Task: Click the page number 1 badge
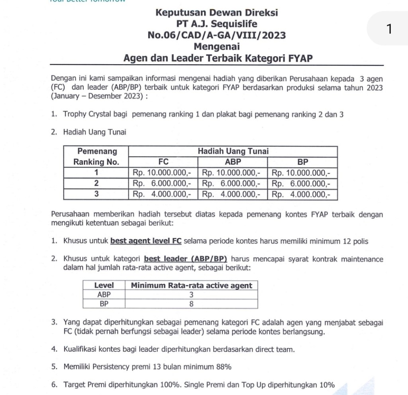(x=389, y=29)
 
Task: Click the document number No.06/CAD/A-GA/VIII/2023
(x=216, y=35)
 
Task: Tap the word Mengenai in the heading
(x=216, y=47)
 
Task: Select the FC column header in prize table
(x=163, y=162)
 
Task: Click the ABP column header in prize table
(x=233, y=162)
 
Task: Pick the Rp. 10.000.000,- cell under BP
(x=303, y=173)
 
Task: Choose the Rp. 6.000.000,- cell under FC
(x=163, y=184)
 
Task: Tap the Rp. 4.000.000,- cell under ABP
(x=233, y=195)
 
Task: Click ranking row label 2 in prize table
(x=96, y=184)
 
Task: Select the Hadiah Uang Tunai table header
(x=233, y=151)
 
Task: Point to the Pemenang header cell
(x=97, y=151)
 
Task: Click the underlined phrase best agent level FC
(x=146, y=241)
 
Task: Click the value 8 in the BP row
(x=191, y=304)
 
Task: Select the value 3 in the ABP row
(x=191, y=295)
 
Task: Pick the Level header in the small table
(x=104, y=285)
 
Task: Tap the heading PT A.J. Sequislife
(x=216, y=24)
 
